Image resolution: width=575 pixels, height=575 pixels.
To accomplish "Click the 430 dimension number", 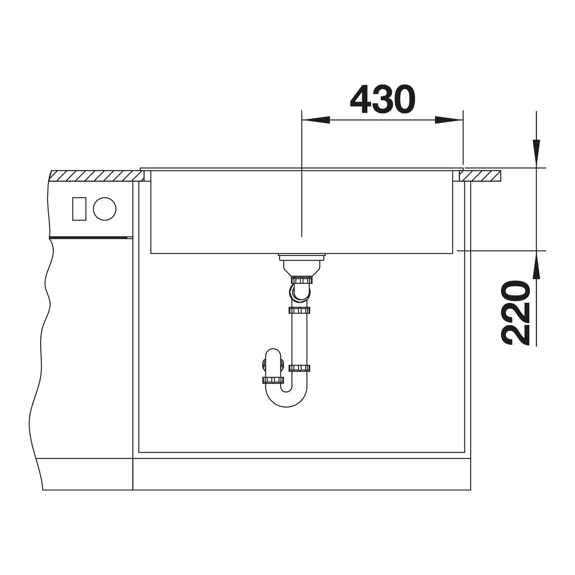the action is click(x=383, y=99).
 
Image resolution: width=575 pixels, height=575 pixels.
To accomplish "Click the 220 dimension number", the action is click(x=515, y=313).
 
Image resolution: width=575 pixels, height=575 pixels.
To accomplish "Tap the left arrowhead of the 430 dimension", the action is click(x=316, y=120).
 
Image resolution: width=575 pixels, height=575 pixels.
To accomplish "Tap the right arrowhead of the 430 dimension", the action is click(x=449, y=120).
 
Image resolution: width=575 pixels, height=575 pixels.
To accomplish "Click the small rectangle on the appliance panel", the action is click(x=79, y=209).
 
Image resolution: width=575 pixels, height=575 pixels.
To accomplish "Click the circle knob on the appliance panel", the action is click(x=104, y=209).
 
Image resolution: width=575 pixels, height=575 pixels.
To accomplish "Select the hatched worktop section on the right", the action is click(x=480, y=176).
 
